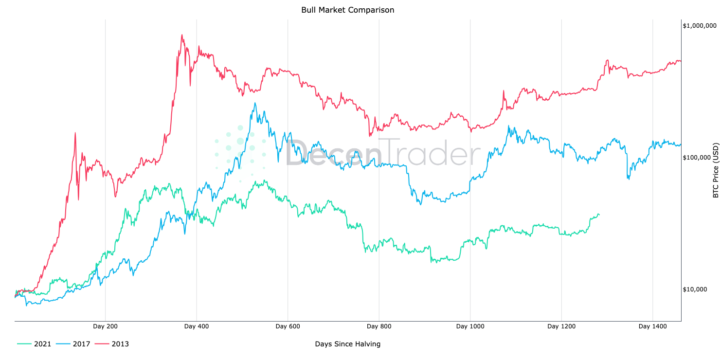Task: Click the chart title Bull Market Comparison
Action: click(x=347, y=10)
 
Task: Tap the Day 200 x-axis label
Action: click(x=106, y=326)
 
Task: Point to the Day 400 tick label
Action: click(x=197, y=326)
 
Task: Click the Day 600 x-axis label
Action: click(x=288, y=326)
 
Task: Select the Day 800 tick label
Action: click(x=379, y=326)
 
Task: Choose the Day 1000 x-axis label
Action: click(x=470, y=326)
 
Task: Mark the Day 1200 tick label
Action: click(x=561, y=326)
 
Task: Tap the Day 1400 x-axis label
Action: click(x=652, y=326)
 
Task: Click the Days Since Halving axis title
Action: click(x=347, y=344)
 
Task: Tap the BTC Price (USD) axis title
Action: click(x=715, y=170)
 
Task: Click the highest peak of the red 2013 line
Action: click(x=182, y=35)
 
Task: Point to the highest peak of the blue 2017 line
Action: click(x=255, y=103)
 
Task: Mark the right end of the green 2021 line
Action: click(x=599, y=215)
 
